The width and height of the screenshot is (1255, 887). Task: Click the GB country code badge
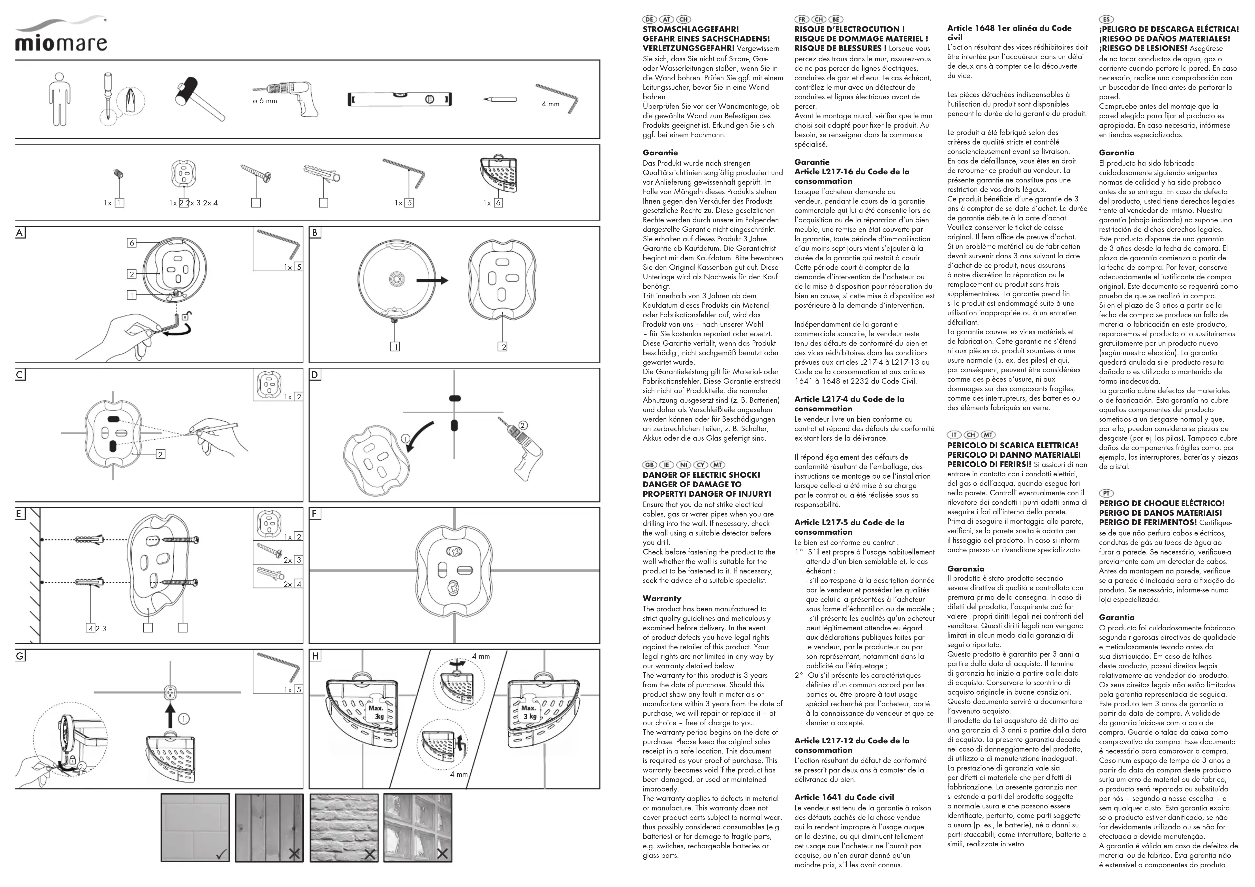point(649,465)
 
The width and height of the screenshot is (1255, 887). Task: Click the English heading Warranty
point(662,598)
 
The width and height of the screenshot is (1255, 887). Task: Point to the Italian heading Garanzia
point(966,568)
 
